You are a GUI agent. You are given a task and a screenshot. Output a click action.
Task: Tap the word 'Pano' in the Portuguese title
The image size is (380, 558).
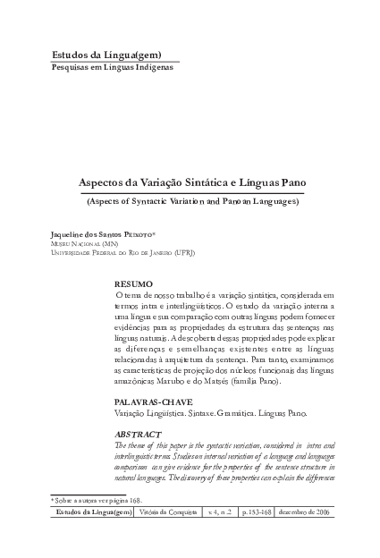[291, 182]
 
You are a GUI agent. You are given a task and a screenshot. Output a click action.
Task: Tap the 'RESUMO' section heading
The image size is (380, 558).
[133, 283]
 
